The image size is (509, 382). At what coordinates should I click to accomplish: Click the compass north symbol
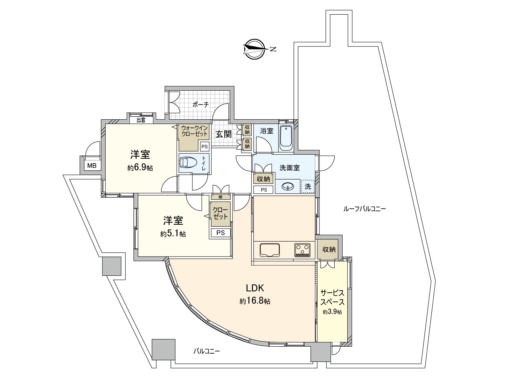coord(255,49)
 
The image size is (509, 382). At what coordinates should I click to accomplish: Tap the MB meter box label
coord(92,166)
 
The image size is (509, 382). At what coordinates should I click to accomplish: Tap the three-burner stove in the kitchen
coord(302,250)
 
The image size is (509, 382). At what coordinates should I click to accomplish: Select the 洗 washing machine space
coord(308,187)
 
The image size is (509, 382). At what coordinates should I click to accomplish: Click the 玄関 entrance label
coord(223,134)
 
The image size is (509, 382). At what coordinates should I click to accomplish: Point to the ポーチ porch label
coord(201,104)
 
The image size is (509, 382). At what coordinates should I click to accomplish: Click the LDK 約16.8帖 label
coord(255,294)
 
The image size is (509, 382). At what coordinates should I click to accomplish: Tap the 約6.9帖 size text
coord(140,168)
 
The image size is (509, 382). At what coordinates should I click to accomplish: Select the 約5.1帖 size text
coord(173,234)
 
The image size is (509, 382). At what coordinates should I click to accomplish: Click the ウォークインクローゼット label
coord(194,131)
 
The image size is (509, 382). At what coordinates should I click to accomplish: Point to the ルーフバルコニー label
coord(365,209)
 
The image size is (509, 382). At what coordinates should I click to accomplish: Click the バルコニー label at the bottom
coord(207,351)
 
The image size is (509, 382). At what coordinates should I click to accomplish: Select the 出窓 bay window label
coord(141,120)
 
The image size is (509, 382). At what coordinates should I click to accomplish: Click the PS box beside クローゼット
coord(220,233)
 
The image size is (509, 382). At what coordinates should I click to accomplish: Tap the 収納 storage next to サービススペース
coord(329,249)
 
